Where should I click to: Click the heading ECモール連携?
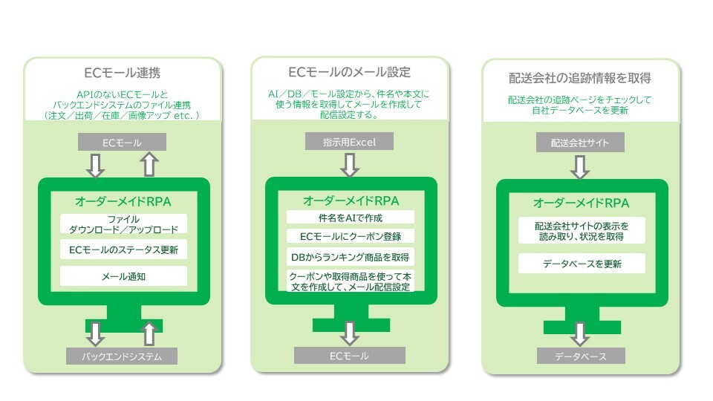122,74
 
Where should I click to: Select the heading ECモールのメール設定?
349,72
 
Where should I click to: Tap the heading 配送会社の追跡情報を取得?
580,78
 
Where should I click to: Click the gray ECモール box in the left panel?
122,142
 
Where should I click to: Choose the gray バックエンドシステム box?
122,356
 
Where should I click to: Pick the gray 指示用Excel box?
349,141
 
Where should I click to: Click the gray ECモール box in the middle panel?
349,356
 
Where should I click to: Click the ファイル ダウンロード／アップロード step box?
123,224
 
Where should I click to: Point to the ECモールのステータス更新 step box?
123,250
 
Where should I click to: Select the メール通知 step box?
123,276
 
